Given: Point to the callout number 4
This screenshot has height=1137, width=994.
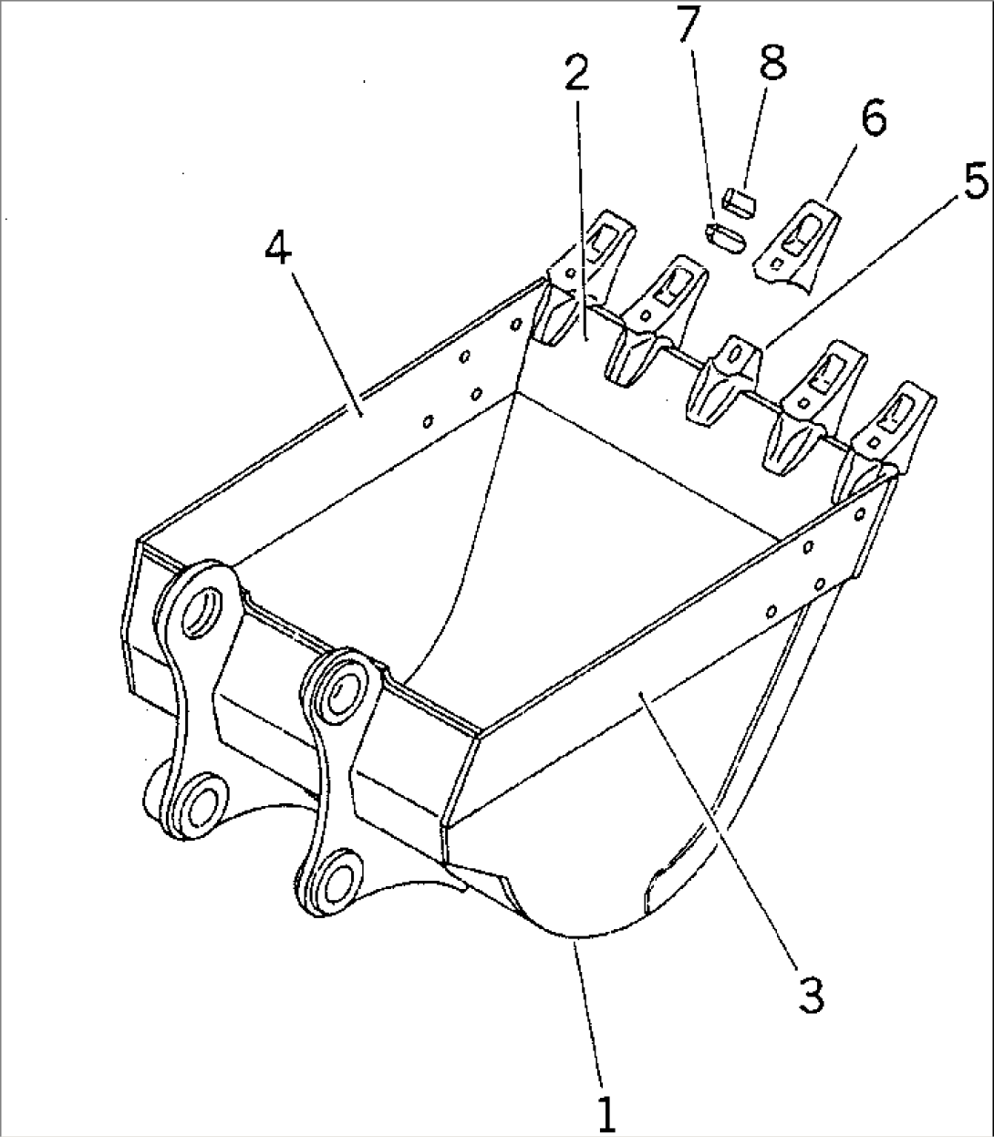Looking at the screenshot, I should point(279,246).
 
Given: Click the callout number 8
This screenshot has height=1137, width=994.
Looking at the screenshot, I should point(771,64).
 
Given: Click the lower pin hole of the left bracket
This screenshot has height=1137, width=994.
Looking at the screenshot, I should point(196,800).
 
